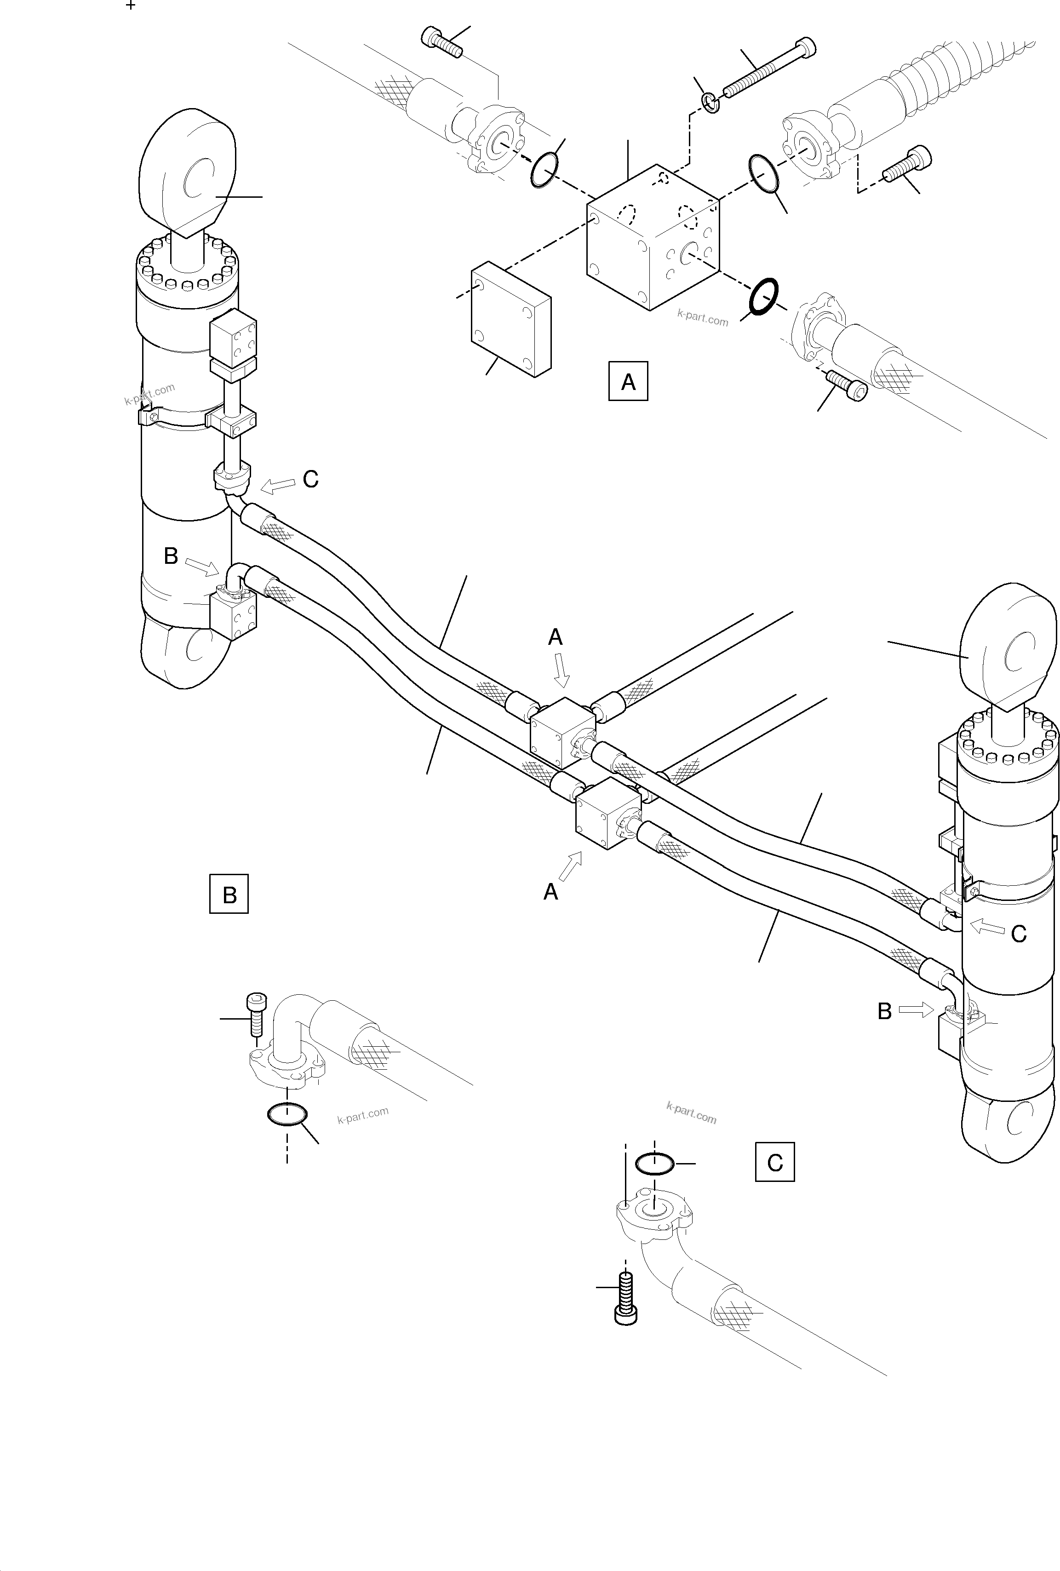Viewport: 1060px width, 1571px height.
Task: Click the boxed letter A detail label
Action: click(x=628, y=382)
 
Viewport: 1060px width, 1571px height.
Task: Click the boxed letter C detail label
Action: click(x=775, y=1162)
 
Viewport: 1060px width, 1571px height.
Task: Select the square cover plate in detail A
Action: click(x=511, y=319)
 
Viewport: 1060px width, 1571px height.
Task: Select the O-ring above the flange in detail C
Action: click(x=654, y=1164)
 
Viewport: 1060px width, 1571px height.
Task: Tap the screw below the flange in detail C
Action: click(x=626, y=1296)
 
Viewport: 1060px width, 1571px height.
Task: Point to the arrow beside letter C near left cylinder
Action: click(x=277, y=485)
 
